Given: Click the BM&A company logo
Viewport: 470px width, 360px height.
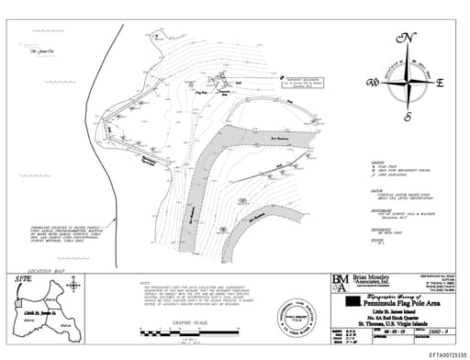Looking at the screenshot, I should (x=339, y=282).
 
